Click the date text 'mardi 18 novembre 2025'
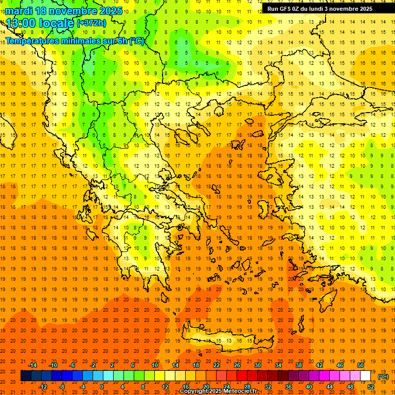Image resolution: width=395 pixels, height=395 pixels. click(x=64, y=11)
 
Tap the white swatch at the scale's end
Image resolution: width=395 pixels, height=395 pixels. click(x=365, y=376)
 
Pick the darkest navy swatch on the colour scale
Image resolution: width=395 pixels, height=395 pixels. click(x=26, y=376)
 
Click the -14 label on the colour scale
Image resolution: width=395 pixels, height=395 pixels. click(x=32, y=365)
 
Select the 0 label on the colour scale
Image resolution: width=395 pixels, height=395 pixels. click(x=101, y=387)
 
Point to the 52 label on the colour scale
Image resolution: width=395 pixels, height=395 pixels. click(x=371, y=387)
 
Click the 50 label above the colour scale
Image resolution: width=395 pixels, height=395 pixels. click(x=360, y=365)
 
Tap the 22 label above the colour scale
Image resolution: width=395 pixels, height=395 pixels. click(x=217, y=365)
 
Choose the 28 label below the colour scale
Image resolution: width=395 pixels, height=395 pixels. click(x=247, y=387)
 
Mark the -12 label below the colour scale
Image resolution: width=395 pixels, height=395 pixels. click(x=43, y=387)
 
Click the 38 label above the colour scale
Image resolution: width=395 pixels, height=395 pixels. click(x=299, y=365)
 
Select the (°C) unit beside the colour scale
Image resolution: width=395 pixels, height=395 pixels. click(x=383, y=376)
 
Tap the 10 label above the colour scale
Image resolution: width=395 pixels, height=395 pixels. click(x=155, y=365)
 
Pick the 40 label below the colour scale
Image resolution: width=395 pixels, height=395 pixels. click(x=309, y=387)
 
